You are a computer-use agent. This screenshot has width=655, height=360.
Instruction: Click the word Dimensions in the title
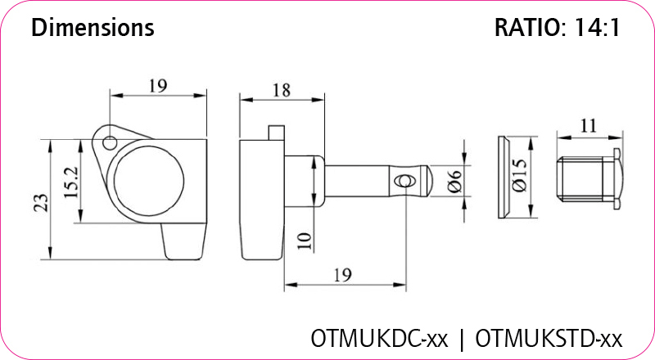(x=93, y=29)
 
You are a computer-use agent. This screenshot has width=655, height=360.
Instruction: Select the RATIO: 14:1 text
(x=557, y=29)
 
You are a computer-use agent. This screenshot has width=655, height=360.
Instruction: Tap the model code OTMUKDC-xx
(x=379, y=338)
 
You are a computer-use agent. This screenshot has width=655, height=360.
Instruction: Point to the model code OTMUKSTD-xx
(x=549, y=338)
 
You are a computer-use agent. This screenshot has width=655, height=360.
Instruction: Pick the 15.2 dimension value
(x=70, y=182)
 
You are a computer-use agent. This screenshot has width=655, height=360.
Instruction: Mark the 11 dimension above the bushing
(x=587, y=125)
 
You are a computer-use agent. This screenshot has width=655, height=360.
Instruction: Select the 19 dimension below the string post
(x=343, y=276)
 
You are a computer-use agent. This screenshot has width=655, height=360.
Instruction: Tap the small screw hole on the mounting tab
(x=107, y=142)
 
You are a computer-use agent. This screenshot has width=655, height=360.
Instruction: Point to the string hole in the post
(x=402, y=181)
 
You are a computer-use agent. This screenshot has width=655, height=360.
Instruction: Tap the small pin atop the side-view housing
(x=276, y=132)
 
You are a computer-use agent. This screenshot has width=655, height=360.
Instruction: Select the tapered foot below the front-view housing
(x=184, y=241)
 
